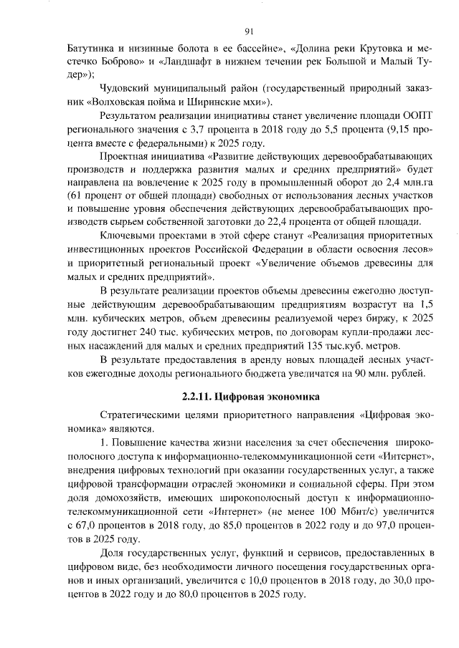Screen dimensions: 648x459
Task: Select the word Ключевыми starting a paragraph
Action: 127,236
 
